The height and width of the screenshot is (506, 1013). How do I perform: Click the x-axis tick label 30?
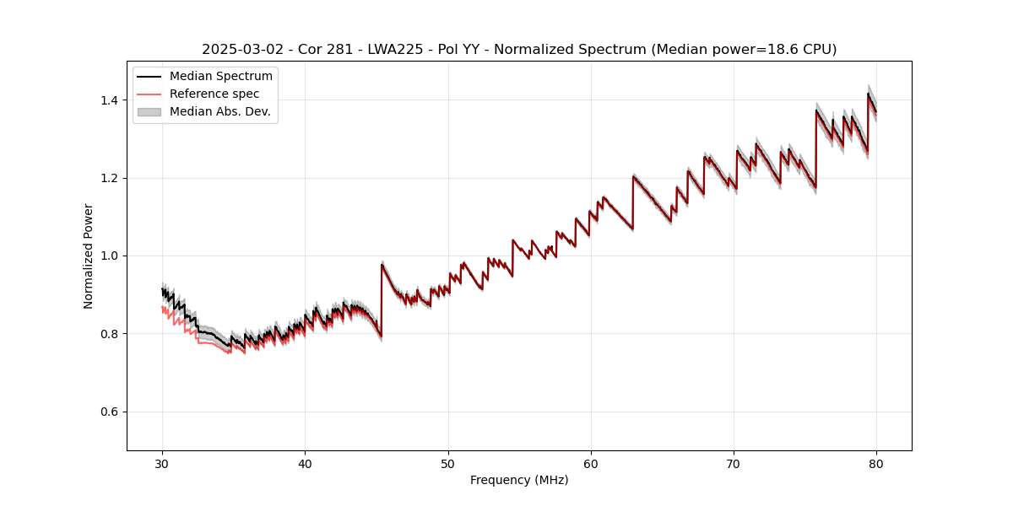[x=163, y=463]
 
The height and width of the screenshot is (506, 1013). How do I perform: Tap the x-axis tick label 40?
[x=306, y=463]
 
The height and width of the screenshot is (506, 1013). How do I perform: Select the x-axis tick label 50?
[x=448, y=463]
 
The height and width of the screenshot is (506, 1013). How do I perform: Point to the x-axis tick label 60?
[x=591, y=463]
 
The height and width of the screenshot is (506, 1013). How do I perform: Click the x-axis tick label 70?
[x=734, y=463]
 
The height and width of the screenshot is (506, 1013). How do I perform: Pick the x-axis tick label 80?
[x=876, y=463]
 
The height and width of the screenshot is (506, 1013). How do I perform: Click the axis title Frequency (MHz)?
[x=519, y=480]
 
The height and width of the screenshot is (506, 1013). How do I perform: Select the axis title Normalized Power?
[x=89, y=256]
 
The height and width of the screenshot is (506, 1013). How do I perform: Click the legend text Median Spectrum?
[x=221, y=77]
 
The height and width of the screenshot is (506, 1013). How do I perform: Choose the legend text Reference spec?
[x=214, y=94]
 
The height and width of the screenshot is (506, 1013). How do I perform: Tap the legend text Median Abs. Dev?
[x=220, y=111]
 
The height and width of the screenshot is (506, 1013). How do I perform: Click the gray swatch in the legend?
[x=149, y=111]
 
